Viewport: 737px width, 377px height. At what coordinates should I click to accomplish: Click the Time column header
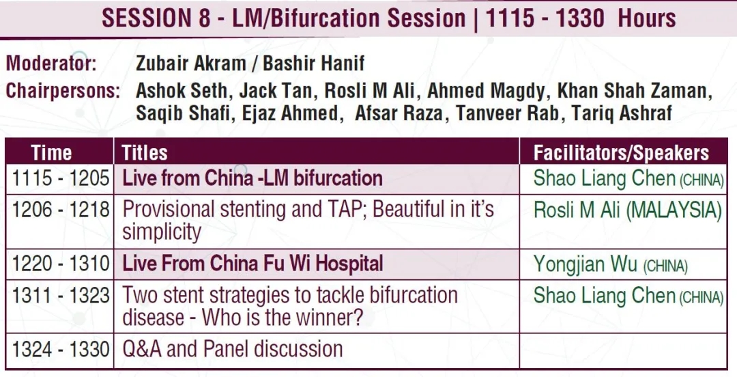pyautogui.click(x=51, y=153)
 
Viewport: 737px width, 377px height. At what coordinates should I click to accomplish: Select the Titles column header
pyautogui.click(x=144, y=153)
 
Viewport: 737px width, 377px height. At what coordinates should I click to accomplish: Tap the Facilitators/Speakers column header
pyautogui.click(x=621, y=153)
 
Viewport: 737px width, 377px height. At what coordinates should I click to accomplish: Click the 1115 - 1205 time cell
pyautogui.click(x=60, y=179)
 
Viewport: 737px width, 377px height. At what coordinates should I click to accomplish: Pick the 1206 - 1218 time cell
pyautogui.click(x=60, y=210)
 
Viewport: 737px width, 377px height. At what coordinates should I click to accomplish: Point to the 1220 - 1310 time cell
pyautogui.click(x=60, y=264)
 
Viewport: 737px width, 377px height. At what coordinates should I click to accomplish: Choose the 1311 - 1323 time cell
pyautogui.click(x=60, y=295)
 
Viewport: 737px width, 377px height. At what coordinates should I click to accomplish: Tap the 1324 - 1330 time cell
pyautogui.click(x=60, y=349)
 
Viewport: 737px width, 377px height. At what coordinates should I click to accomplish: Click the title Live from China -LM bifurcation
pyautogui.click(x=252, y=178)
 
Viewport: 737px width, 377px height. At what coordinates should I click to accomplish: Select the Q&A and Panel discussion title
pyautogui.click(x=232, y=349)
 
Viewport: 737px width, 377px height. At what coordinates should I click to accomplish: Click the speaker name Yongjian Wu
pyautogui.click(x=585, y=264)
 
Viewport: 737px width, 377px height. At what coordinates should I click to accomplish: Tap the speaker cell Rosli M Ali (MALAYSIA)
pyautogui.click(x=628, y=210)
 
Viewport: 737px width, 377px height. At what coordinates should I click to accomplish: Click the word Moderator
pyautogui.click(x=50, y=64)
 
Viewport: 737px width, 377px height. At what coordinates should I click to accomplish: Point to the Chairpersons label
pyautogui.click(x=63, y=91)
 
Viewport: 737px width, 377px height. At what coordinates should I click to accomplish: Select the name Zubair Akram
pyautogui.click(x=190, y=64)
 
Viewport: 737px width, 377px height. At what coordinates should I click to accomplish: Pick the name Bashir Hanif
pyautogui.click(x=313, y=64)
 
